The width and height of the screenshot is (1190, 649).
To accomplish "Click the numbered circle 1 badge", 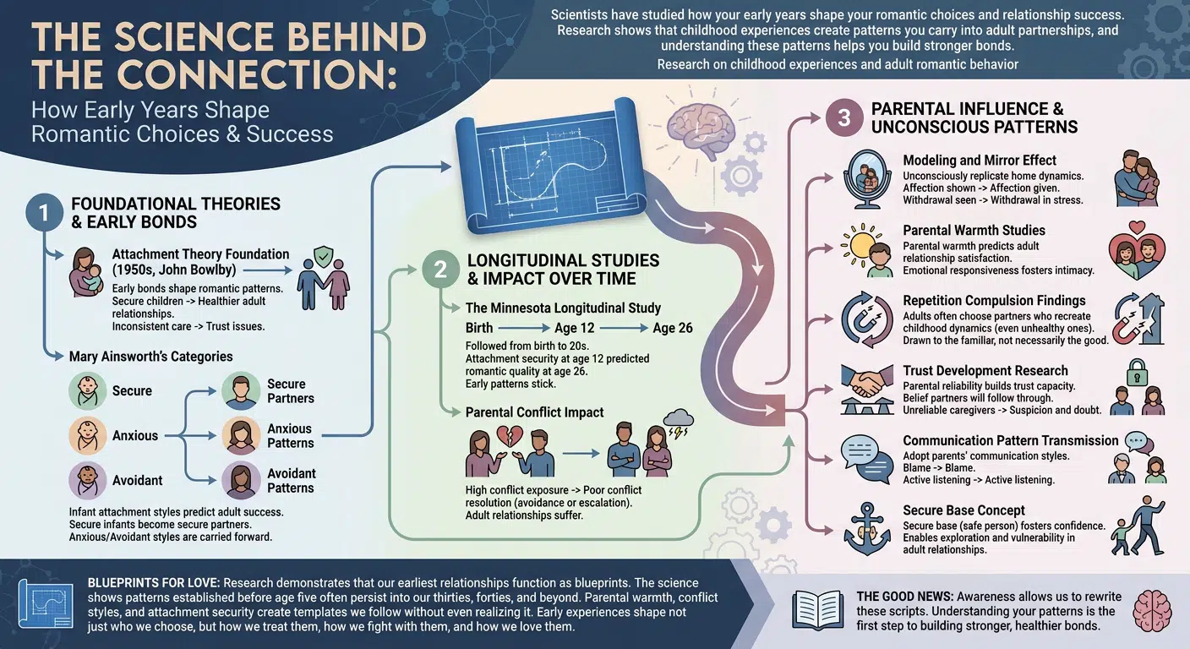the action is point(45,212).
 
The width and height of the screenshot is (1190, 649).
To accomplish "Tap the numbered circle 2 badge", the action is point(440,270).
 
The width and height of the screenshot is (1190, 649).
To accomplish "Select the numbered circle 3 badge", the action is point(844,118).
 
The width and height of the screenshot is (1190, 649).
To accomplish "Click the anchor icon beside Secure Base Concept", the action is point(867,529).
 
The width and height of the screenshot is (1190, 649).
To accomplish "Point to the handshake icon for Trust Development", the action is point(866,389).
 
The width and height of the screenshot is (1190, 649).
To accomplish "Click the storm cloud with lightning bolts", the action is point(679,423).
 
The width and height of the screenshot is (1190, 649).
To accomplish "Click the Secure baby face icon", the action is point(88,391).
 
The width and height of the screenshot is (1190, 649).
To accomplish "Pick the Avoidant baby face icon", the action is point(88,480).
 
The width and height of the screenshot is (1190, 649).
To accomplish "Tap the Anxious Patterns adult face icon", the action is point(241,435).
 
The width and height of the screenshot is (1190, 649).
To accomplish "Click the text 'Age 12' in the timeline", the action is point(574,328).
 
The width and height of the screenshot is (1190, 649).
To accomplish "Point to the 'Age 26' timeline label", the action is point(673,328).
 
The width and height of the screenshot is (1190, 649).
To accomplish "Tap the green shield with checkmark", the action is point(324,256).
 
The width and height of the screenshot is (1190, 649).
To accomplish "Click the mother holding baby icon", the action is point(85,272).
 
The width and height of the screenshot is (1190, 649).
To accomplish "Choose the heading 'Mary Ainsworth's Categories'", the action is point(151,357).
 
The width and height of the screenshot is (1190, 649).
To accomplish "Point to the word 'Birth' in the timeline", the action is point(479,328).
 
